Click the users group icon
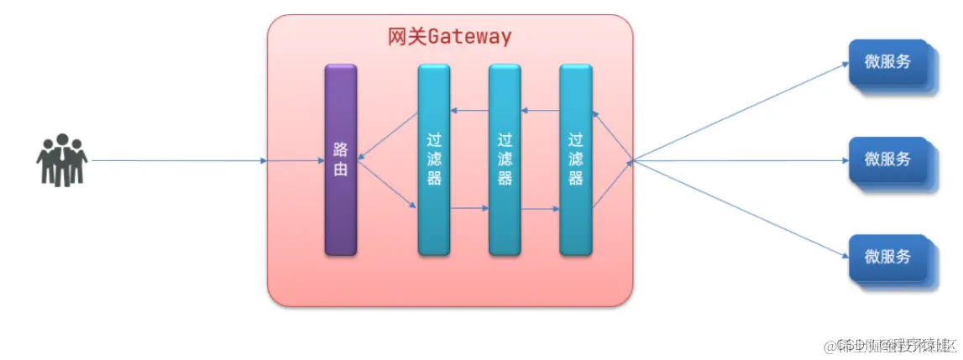pos(61,159)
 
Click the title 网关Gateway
pos(449,37)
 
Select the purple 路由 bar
pos(341,159)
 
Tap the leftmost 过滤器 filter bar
pos(433,159)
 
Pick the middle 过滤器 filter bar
pos(505,159)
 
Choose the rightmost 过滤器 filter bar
pos(575,159)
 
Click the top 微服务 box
pos(888,62)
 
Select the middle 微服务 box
pos(888,159)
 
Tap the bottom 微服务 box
pos(888,257)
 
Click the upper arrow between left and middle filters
pos(469,111)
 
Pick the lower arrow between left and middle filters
pos(469,208)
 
